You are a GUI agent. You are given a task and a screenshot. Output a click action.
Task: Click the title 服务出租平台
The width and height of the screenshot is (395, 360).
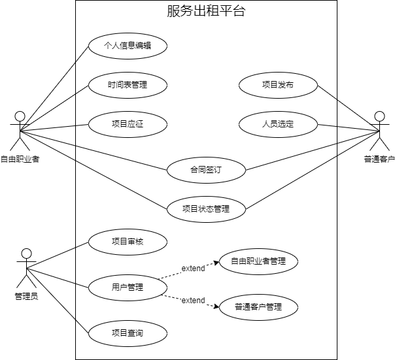(206, 11)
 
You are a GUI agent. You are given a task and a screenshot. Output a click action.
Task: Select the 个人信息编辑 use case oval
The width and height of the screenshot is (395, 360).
(128, 46)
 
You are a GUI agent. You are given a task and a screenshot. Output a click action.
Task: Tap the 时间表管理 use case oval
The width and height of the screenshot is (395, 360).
(128, 85)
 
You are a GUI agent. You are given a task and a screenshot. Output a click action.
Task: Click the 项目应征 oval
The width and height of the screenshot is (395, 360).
(128, 123)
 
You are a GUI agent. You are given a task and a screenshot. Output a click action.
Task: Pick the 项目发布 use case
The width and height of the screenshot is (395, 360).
(278, 85)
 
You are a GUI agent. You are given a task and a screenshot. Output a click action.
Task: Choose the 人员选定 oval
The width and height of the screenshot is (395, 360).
(278, 123)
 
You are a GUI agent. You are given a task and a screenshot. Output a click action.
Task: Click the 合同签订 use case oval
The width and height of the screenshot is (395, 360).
(206, 171)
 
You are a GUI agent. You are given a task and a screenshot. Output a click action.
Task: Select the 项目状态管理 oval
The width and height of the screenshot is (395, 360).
(206, 209)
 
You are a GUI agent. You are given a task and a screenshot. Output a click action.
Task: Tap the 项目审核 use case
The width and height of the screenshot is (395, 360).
(128, 242)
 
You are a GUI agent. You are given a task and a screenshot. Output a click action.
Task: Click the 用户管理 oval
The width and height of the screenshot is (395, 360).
(128, 287)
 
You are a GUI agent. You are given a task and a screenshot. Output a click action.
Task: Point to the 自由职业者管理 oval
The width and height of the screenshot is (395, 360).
(258, 261)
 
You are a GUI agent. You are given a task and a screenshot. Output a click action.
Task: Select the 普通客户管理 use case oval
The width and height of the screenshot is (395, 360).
(258, 306)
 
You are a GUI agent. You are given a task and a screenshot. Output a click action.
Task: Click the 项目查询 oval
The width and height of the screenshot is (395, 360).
(128, 333)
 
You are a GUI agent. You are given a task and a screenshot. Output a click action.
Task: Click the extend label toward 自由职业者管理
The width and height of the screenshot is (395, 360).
(193, 269)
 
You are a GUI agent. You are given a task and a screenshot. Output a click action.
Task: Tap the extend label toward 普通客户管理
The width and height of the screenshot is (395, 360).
(193, 301)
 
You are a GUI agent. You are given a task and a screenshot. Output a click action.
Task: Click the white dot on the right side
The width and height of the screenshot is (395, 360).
(380, 116)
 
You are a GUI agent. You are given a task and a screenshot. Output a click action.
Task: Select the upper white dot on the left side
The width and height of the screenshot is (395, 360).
(20, 116)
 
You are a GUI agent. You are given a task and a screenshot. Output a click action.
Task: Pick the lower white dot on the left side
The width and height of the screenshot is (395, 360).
(27, 254)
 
